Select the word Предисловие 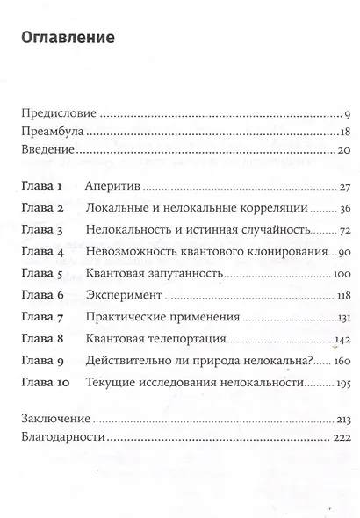tap(59, 114)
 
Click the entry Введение tap(48, 152)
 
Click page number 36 tap(344, 210)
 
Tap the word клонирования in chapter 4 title tap(280, 253)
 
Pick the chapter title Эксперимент tap(121, 296)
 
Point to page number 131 tap(342, 317)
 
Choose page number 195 tap(342, 381)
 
